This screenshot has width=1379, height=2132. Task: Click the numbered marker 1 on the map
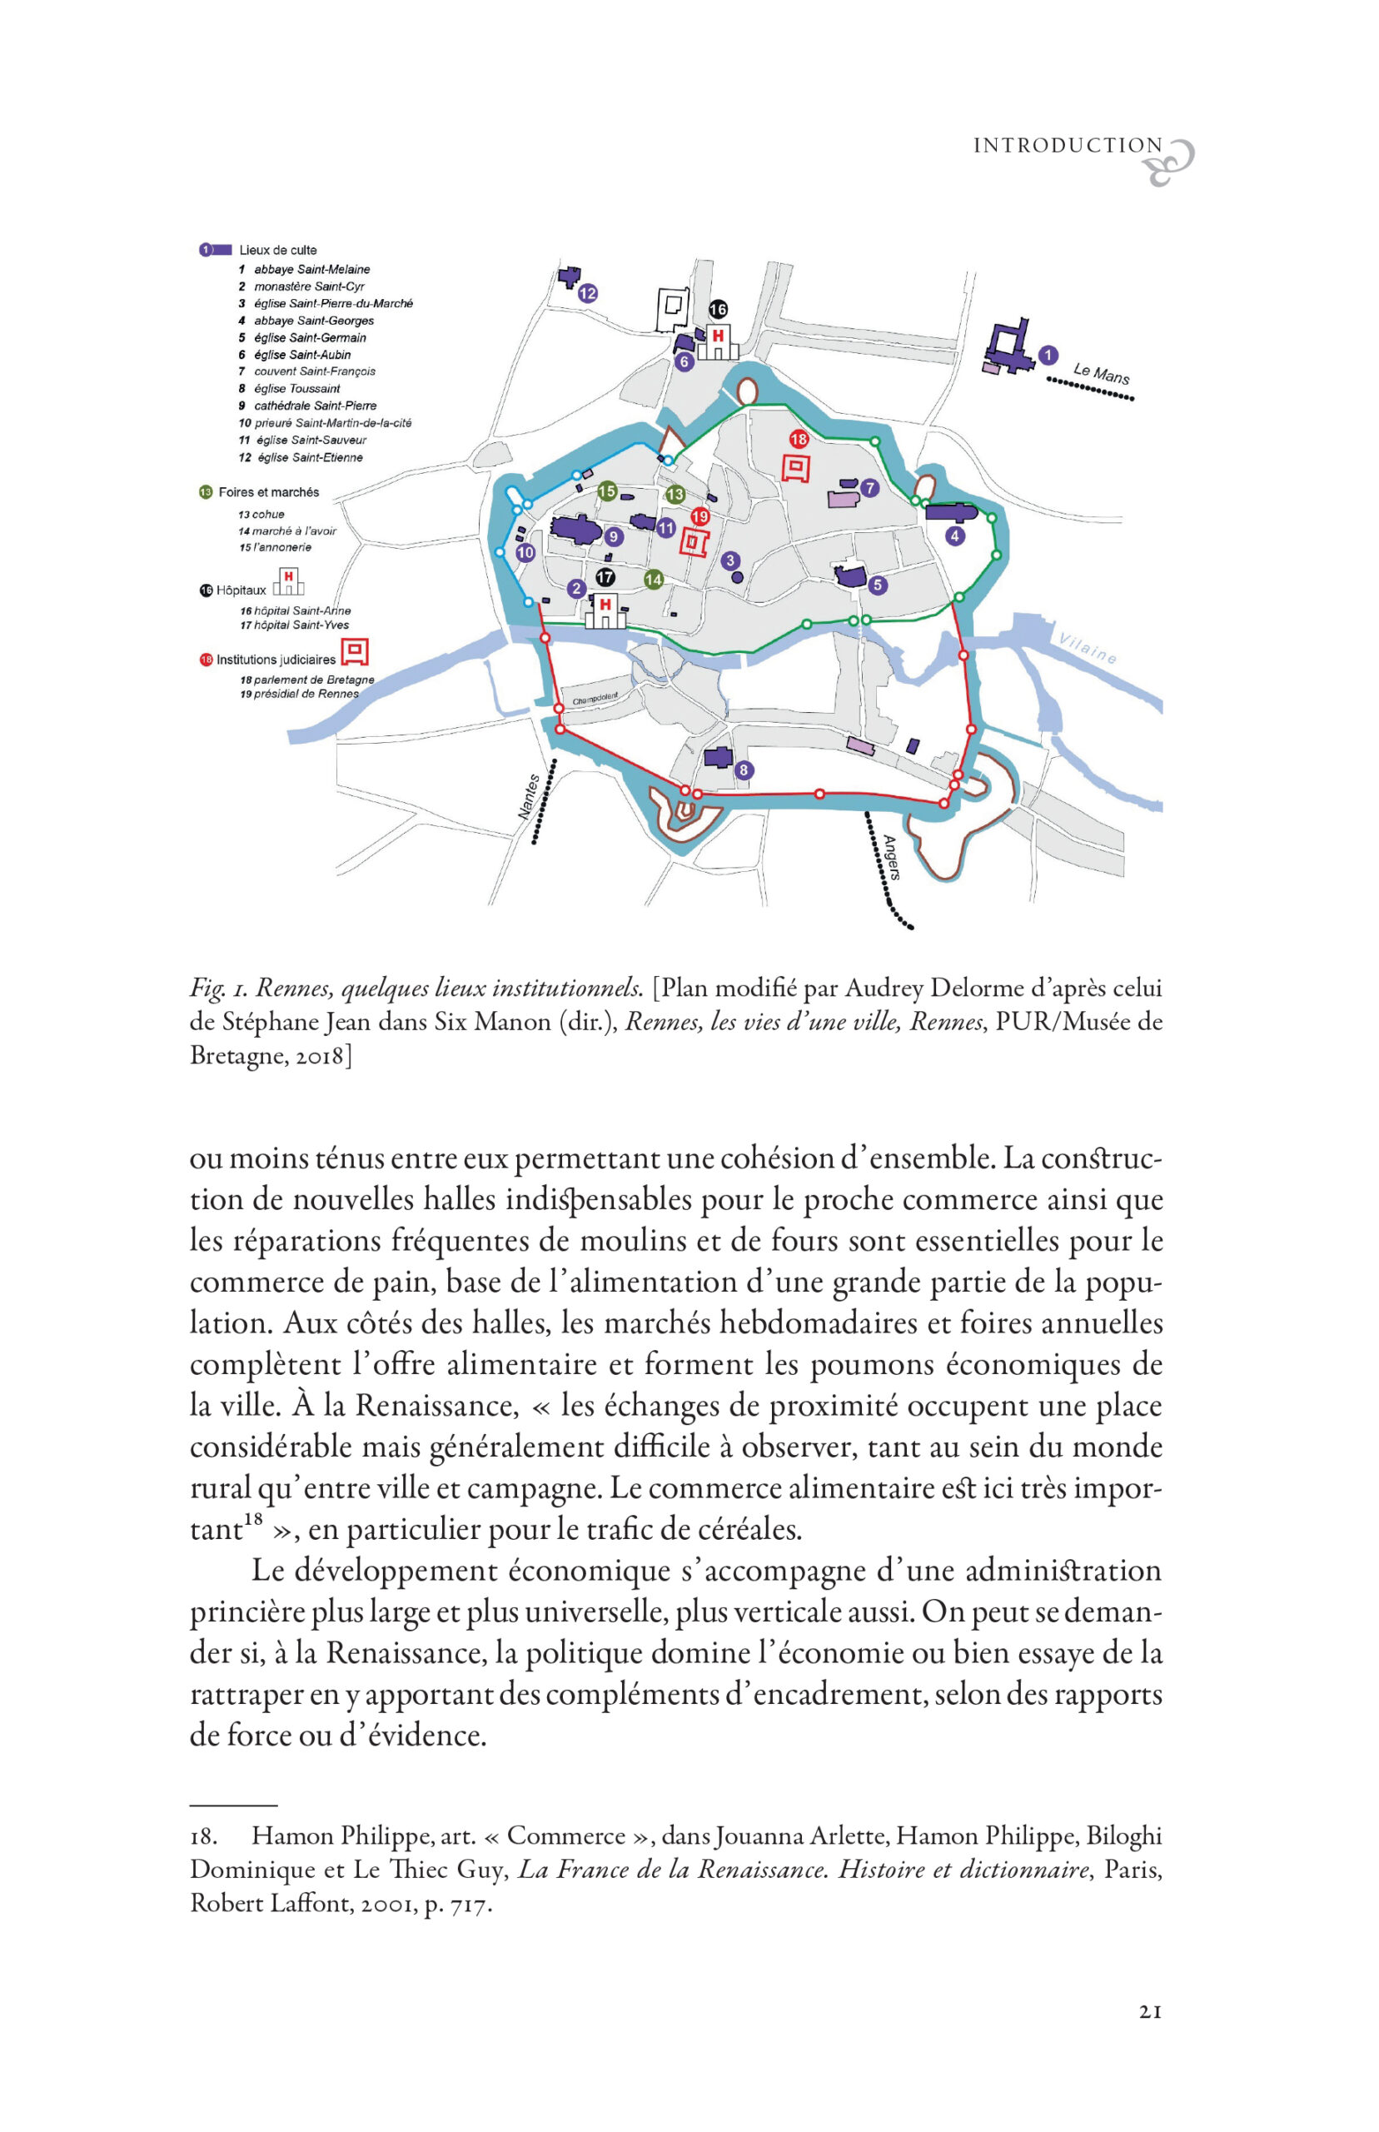(x=1048, y=356)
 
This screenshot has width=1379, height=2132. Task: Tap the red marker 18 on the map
(x=799, y=439)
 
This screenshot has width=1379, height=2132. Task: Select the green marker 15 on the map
(x=607, y=491)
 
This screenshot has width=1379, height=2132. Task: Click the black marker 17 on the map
(x=605, y=577)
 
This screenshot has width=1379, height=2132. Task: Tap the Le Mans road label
(x=1102, y=373)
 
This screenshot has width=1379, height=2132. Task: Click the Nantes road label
(x=530, y=796)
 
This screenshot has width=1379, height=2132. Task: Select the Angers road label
(x=890, y=857)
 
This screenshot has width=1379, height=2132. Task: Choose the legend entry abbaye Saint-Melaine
(x=311, y=270)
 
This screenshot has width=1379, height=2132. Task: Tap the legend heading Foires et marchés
(x=268, y=492)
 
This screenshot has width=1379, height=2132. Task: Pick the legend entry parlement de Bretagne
(x=313, y=680)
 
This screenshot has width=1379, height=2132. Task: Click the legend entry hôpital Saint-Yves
(x=301, y=625)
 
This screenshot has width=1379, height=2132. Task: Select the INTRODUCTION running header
(x=1068, y=146)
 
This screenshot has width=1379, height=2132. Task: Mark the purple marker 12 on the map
(x=587, y=293)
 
